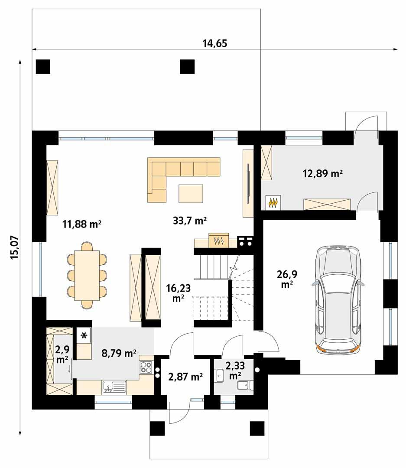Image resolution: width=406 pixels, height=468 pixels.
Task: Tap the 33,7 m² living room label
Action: point(189,221)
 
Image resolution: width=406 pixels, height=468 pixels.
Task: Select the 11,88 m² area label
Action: point(82,224)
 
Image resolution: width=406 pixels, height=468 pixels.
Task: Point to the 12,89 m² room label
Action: point(322,174)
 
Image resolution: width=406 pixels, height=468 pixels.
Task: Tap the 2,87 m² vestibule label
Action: point(185,377)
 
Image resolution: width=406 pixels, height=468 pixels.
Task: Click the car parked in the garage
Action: point(338,299)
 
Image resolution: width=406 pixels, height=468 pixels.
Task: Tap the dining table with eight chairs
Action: point(87,276)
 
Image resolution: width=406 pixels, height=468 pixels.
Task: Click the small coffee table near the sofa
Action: point(191,193)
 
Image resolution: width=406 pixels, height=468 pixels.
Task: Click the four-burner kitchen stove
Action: point(146,367)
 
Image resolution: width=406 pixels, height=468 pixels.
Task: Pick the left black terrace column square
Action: point(43,66)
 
